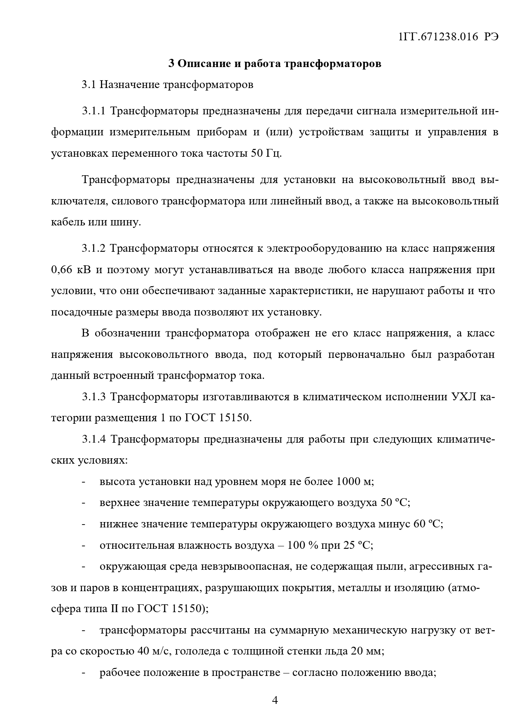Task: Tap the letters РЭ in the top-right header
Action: [x=491, y=37]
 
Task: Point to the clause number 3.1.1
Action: [x=94, y=111]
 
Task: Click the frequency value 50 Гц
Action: [x=266, y=154]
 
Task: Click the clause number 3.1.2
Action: [x=94, y=248]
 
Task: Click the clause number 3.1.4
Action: [x=94, y=439]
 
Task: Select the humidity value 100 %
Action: [x=303, y=546]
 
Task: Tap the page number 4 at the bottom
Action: [x=275, y=701]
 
